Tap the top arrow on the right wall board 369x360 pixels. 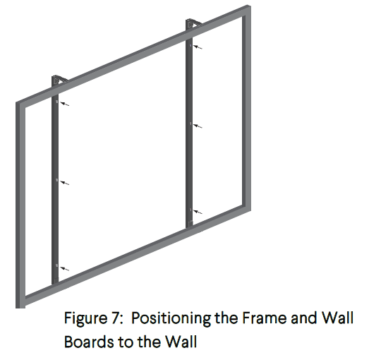pos(202,47)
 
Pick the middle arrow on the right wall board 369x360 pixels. pos(202,125)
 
